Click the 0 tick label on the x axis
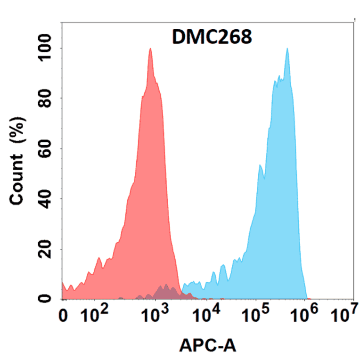[x=64, y=316]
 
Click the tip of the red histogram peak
[x=150, y=49]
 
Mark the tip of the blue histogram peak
[x=286, y=49]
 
